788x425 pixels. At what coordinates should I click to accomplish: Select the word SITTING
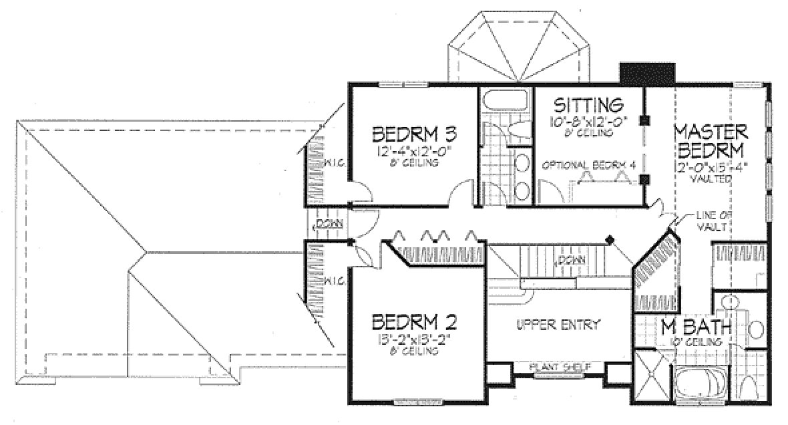588,106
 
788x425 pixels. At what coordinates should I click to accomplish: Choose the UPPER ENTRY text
558,324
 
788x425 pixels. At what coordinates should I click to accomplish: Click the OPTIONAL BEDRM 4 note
586,165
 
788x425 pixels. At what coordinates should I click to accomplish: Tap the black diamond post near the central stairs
608,239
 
